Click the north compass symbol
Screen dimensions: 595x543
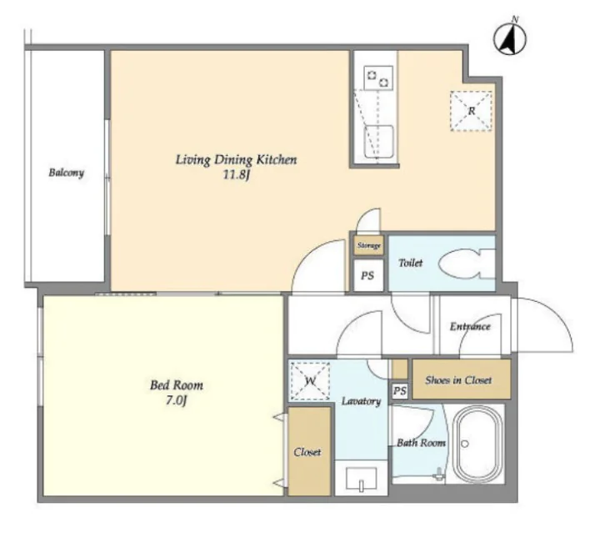tap(510, 38)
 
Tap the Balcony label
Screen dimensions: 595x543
tap(67, 173)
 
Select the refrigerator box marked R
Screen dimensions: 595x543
tap(471, 111)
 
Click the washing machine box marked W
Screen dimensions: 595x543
tap(310, 380)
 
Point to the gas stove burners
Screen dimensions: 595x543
tap(378, 78)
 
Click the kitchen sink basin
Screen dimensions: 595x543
tap(378, 142)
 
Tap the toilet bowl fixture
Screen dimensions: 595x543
tap(467, 264)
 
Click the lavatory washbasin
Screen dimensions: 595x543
tap(362, 478)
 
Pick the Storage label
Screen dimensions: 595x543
tap(369, 246)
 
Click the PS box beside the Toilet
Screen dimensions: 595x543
tap(367, 275)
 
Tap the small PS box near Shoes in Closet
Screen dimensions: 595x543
tap(399, 390)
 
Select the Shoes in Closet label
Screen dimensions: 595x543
tap(458, 380)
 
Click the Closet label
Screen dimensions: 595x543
tap(307, 452)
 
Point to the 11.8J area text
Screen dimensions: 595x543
tap(237, 175)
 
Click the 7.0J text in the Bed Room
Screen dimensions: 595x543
tap(177, 400)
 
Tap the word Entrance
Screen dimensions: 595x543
tap(470, 327)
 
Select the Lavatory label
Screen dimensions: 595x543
tap(362, 401)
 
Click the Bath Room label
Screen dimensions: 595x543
tap(421, 443)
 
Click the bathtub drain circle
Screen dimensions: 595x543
tap(465, 444)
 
